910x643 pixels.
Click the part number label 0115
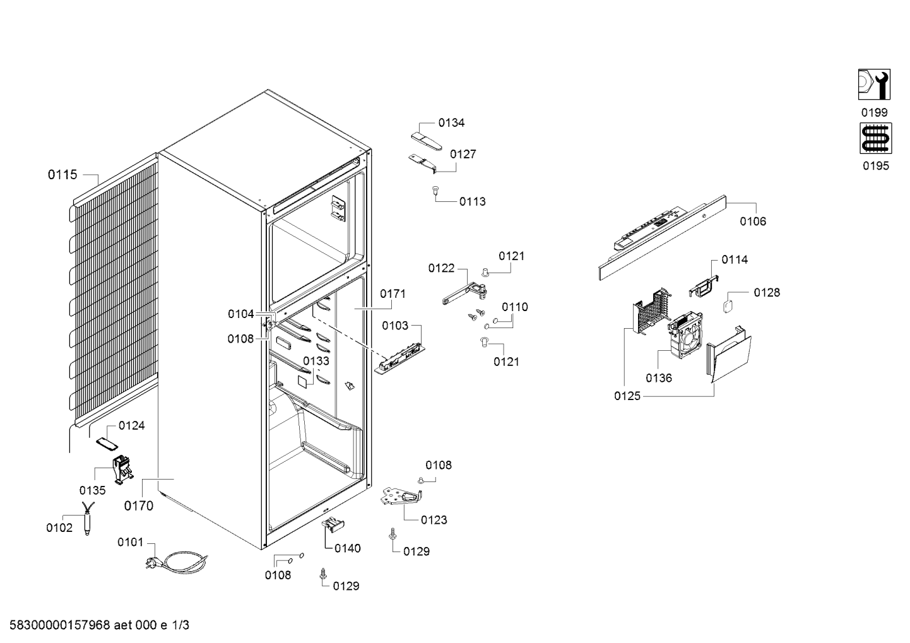(62, 175)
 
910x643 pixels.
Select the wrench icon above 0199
(874, 85)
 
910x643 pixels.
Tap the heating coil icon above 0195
(876, 138)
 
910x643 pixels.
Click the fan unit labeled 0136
(686, 334)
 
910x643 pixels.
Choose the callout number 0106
(753, 221)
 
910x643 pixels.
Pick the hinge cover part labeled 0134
(426, 141)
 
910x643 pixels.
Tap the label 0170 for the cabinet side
(139, 505)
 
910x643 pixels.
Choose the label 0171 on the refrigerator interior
(393, 293)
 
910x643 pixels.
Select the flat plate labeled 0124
(107, 444)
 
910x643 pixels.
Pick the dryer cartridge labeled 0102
(87, 519)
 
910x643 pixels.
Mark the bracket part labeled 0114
(704, 285)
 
